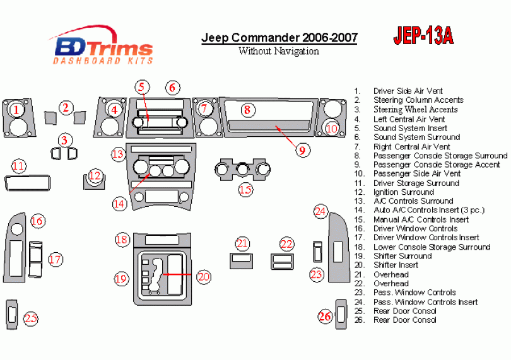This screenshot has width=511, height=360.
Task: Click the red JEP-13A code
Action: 423,35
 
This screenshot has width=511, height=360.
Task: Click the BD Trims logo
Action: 102,45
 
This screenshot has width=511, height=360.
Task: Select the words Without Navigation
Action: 279,51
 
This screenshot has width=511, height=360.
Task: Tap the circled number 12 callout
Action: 95,176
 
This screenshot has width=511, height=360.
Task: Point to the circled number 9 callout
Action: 302,150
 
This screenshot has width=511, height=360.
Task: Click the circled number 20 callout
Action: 204,277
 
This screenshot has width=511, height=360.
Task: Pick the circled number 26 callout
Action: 325,316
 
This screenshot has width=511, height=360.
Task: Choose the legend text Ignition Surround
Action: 404,192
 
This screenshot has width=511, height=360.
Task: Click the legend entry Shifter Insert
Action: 396,265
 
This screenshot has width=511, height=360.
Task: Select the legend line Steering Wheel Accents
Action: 416,110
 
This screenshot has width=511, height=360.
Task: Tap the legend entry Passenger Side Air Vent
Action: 417,173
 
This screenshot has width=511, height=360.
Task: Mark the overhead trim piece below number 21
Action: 241,261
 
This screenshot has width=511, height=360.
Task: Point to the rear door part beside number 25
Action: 12,315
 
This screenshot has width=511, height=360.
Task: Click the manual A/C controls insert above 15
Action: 242,170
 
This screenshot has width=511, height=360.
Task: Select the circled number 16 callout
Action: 37,221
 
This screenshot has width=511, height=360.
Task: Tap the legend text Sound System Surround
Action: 416,137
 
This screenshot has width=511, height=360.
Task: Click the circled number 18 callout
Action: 122,240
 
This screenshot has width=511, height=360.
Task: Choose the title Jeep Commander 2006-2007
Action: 279,38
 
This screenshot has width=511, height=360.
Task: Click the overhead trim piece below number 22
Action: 282,262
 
